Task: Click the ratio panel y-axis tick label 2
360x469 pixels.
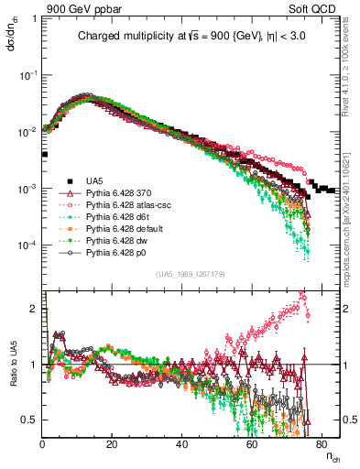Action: [x=35, y=311]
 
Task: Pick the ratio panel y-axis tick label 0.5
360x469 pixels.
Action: [x=31, y=420]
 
